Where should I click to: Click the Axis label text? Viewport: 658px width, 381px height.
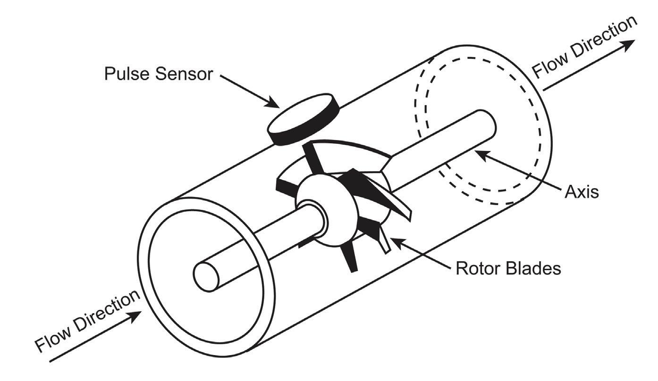click(x=581, y=192)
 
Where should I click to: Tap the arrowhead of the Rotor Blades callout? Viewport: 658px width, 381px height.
click(x=393, y=240)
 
